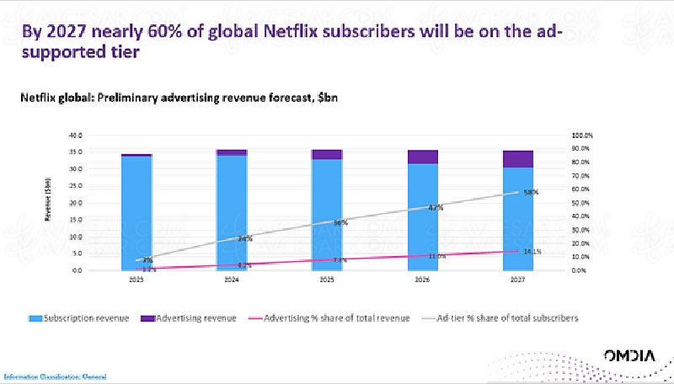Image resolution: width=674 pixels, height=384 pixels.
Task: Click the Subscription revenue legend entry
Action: point(78,318)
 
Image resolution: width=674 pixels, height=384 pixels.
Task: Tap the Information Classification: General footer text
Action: point(56,376)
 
